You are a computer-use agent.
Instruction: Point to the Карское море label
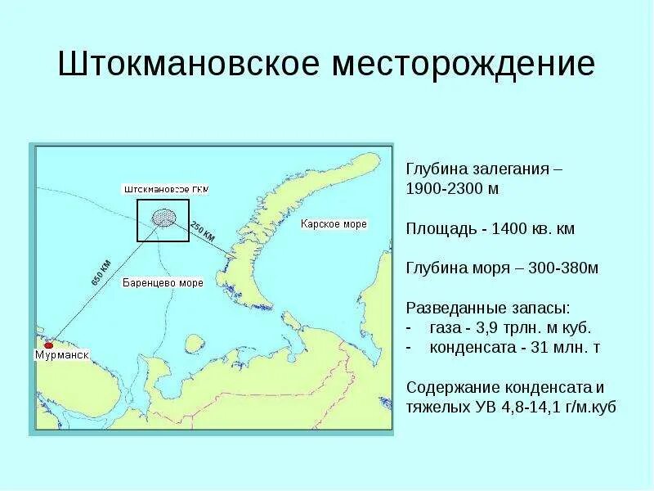pos(334,223)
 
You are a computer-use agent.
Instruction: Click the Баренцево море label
pos(162,283)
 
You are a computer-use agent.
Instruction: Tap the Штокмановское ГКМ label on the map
pos(166,189)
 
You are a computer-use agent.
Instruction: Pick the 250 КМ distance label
pos(203,231)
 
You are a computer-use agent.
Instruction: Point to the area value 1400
pos(513,228)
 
